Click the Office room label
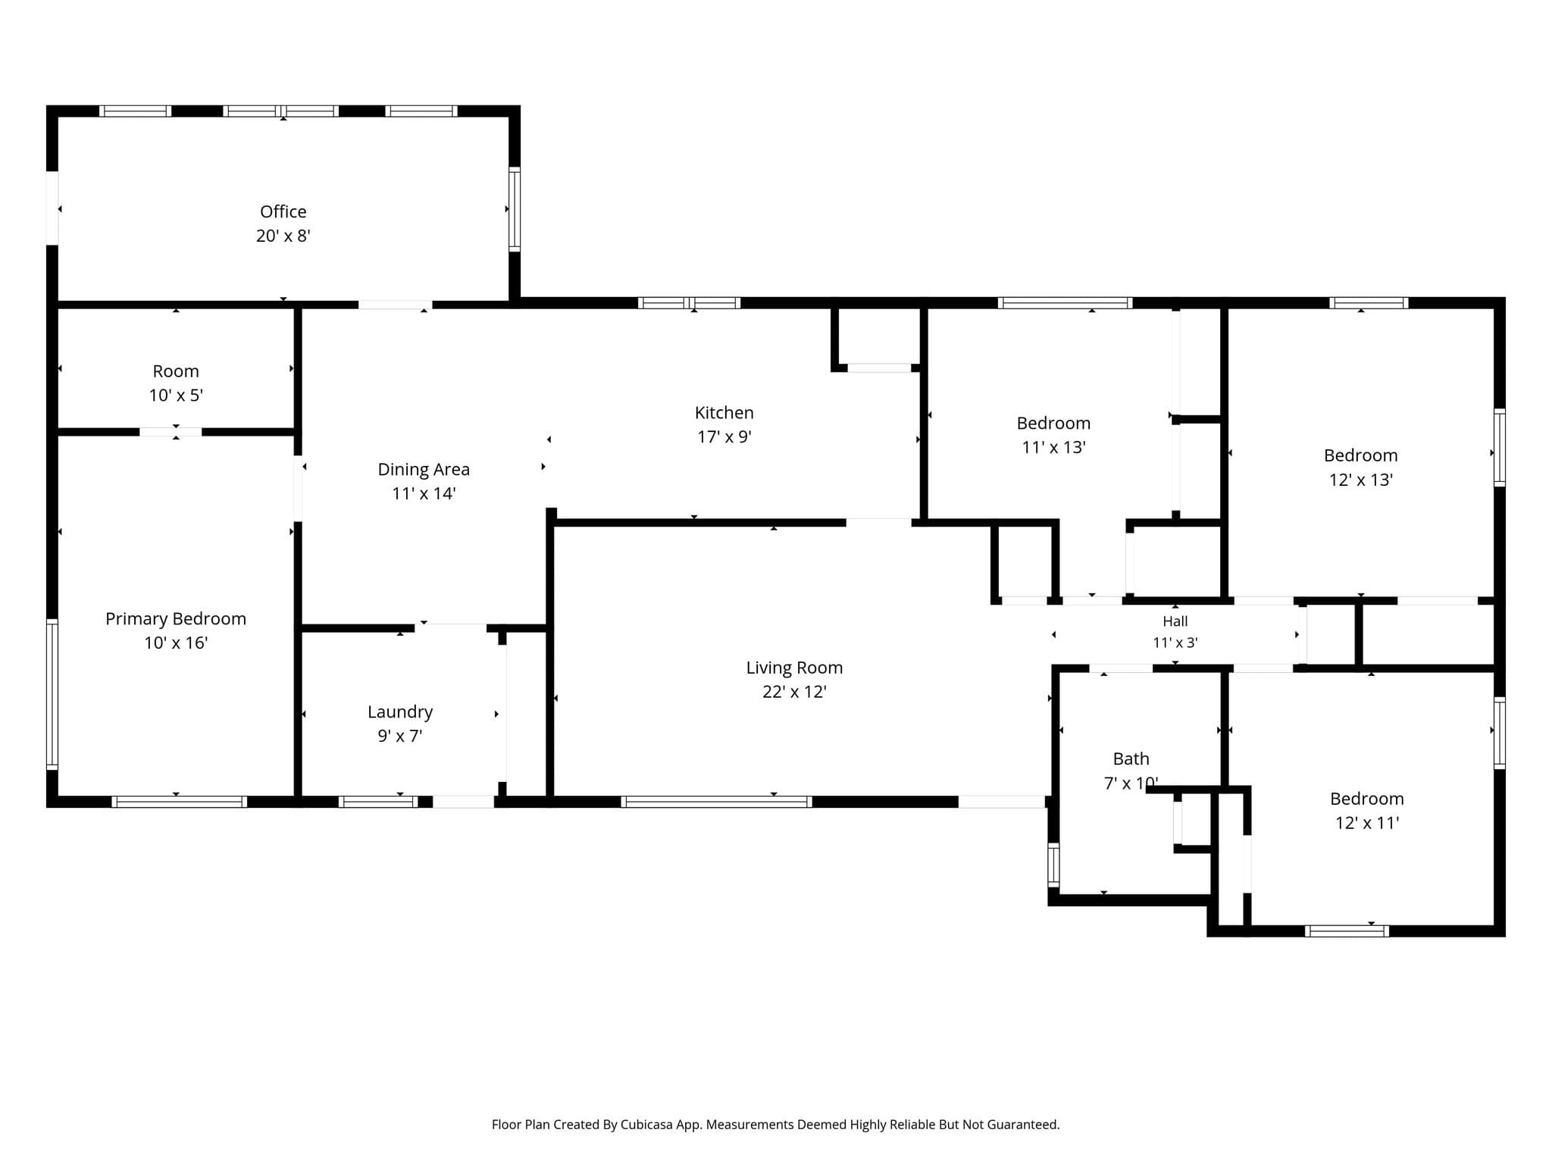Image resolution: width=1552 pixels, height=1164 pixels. [x=283, y=211]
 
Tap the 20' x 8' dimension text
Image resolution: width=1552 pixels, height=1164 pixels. [x=283, y=236]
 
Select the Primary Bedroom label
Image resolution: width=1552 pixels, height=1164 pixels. [x=176, y=619]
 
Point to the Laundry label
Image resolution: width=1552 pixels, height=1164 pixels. [x=400, y=712]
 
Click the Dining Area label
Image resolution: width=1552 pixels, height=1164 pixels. [x=424, y=470]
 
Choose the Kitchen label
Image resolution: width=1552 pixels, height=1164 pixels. [x=724, y=413]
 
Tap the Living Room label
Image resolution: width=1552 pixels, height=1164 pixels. [x=794, y=668]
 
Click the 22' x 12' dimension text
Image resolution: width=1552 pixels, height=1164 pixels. [x=794, y=692]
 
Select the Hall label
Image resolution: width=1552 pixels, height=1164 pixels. [x=1175, y=621]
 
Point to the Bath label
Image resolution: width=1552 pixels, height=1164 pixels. [x=1131, y=759]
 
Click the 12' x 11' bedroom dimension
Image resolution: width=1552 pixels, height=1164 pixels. [x=1367, y=823]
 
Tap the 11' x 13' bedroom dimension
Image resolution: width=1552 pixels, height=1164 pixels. [x=1053, y=447]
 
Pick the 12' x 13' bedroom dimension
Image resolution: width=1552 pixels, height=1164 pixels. [x=1361, y=480]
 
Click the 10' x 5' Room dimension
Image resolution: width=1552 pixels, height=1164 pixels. [x=176, y=396]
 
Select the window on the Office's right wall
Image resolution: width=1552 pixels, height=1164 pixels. [x=515, y=209]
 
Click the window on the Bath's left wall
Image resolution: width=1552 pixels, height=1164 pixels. [x=1053, y=865]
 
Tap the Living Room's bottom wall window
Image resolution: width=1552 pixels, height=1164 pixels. [x=716, y=802]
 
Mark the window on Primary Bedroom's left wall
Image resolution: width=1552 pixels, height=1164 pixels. [x=52, y=694]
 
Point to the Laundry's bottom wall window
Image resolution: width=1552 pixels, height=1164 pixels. [x=378, y=802]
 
